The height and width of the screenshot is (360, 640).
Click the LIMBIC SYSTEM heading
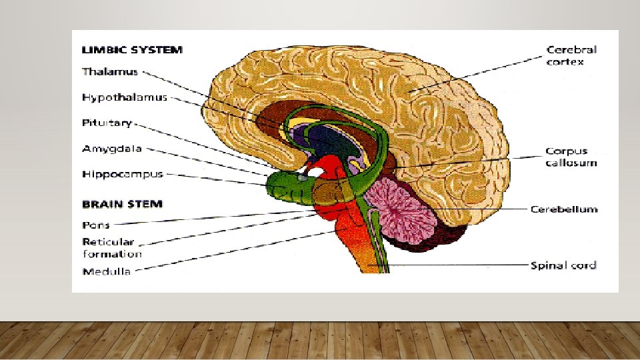(x=132, y=49)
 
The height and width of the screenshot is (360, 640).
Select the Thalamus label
(x=111, y=71)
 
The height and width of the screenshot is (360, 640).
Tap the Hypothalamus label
(x=124, y=97)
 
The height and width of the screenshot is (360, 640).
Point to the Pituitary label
(x=107, y=123)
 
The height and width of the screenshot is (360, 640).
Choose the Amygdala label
(x=111, y=149)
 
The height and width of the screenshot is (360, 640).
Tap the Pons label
(x=96, y=225)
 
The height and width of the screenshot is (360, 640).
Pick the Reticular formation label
(x=111, y=247)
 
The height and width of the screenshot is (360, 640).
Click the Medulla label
(x=106, y=271)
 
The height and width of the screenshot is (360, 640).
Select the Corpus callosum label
(x=571, y=157)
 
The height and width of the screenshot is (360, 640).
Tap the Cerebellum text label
(x=563, y=209)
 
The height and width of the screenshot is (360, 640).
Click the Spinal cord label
(x=563, y=265)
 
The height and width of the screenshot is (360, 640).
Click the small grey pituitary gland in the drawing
(x=303, y=177)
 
